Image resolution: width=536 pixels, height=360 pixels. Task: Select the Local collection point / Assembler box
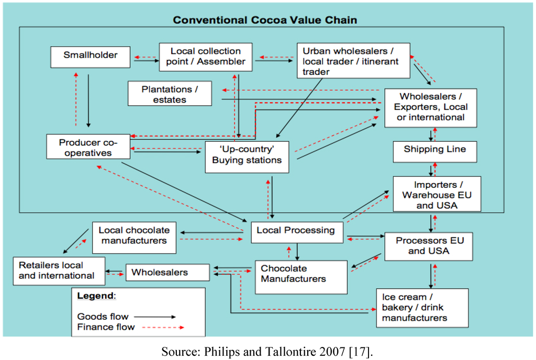(x=205, y=57)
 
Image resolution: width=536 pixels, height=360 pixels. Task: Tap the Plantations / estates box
(x=170, y=94)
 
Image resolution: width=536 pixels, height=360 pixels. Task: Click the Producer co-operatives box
(x=87, y=147)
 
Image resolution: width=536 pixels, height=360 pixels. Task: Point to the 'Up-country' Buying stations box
(x=247, y=155)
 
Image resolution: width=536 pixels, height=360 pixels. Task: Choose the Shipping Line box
(x=434, y=151)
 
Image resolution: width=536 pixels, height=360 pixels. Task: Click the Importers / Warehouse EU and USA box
(x=437, y=194)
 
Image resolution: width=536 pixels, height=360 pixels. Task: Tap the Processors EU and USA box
(x=430, y=245)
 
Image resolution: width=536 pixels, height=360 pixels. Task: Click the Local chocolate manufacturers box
(x=134, y=235)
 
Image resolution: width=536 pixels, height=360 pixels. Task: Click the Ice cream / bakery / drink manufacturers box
(x=422, y=308)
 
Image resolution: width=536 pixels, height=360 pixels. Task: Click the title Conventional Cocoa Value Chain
(x=265, y=20)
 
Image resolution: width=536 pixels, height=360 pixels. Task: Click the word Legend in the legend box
(x=95, y=296)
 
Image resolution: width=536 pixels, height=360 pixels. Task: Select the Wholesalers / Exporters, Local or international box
(x=430, y=107)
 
